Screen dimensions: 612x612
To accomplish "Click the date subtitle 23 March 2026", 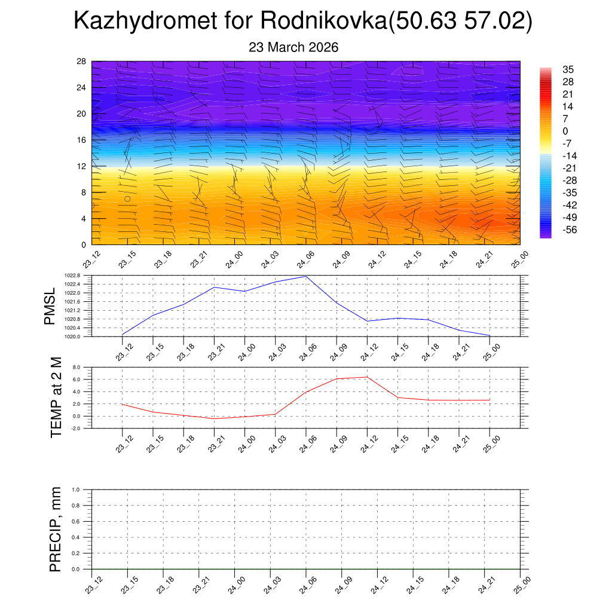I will [x=293, y=47].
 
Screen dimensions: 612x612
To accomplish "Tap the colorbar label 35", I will [x=568, y=69].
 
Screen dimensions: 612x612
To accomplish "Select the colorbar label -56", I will [x=568, y=229].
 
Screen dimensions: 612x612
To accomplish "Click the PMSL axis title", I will [x=50, y=306].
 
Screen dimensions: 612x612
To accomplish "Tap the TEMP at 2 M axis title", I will [x=56, y=397].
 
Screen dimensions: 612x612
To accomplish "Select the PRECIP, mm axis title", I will [x=56, y=530].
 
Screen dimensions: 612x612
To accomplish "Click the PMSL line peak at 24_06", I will [x=306, y=276].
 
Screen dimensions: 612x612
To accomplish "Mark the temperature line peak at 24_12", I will [x=367, y=377].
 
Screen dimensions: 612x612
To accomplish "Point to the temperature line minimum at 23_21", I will [x=214, y=418].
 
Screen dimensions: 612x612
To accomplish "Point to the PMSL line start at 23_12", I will [x=123, y=334].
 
